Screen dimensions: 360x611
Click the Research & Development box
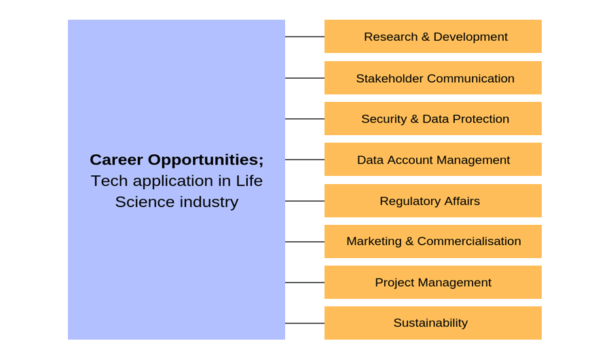coord(433,37)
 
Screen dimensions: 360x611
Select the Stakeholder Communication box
coord(433,78)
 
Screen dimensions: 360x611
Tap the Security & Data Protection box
coord(433,119)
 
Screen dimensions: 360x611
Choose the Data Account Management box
coord(433,160)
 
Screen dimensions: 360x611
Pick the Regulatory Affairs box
coord(433,201)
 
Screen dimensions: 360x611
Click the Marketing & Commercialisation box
coord(433,241)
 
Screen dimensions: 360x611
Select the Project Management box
coord(433,283)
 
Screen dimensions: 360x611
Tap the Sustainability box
coord(433,323)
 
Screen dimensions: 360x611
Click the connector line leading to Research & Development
coord(305,37)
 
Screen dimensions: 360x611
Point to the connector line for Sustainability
coord(305,323)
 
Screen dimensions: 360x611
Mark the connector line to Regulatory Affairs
coord(305,201)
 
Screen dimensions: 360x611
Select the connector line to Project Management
coord(305,283)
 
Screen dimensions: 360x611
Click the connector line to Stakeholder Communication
coord(305,78)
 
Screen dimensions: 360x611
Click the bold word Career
coord(116,160)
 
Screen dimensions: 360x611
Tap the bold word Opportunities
coord(205,160)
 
